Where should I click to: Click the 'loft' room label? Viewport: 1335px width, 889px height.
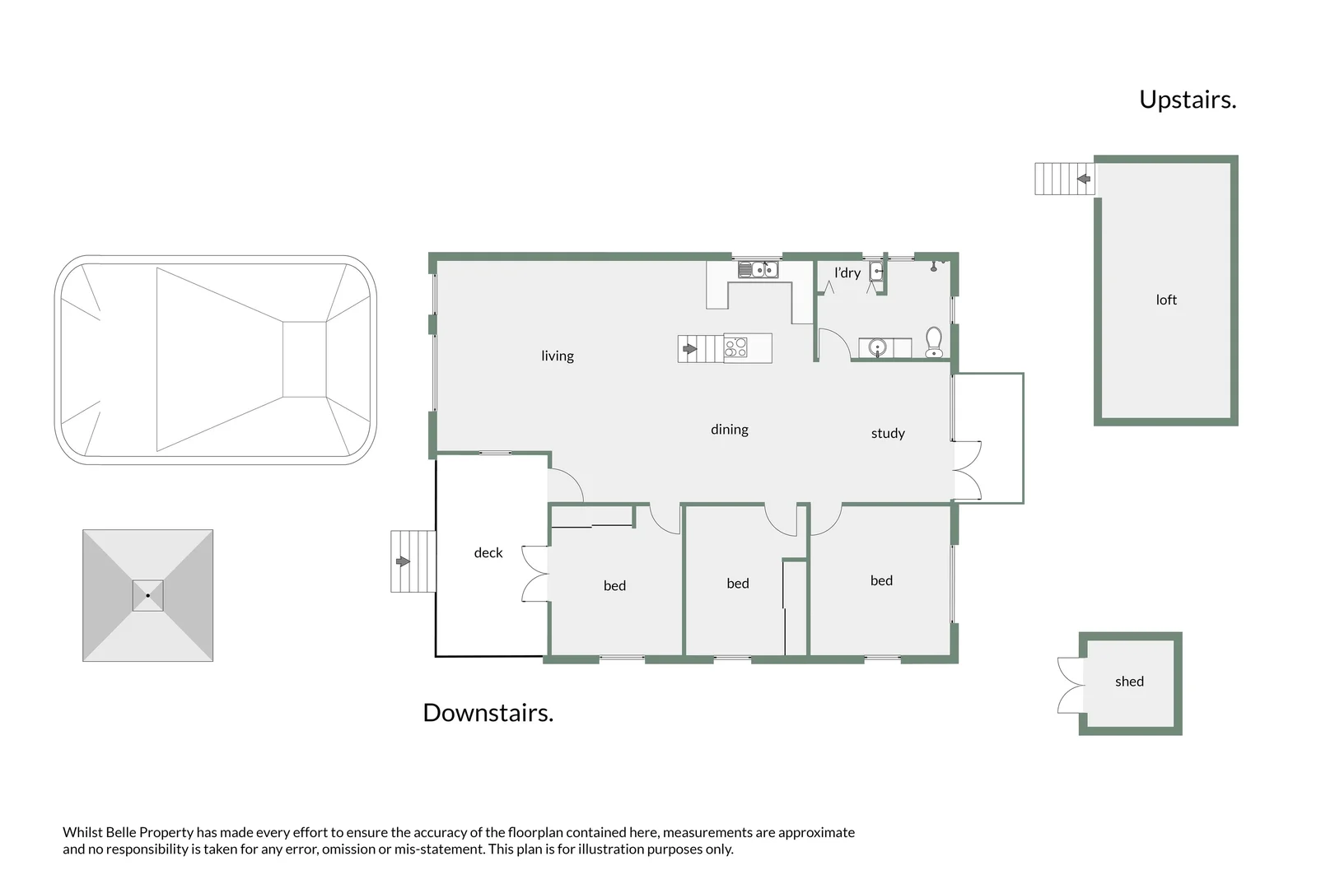(1165, 300)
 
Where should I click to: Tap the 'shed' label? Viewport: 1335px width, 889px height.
(1128, 681)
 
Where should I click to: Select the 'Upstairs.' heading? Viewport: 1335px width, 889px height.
(1187, 100)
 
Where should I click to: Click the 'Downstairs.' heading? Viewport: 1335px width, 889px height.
(488, 713)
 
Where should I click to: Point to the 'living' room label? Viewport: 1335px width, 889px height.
(557, 356)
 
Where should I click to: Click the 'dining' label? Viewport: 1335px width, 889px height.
(729, 429)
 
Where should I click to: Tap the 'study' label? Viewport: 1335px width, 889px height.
(887, 433)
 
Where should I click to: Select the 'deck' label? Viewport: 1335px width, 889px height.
(488, 552)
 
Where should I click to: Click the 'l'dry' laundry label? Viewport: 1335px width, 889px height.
(847, 272)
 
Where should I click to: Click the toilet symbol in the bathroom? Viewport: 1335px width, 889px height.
(933, 342)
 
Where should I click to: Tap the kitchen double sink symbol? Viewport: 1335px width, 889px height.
(757, 269)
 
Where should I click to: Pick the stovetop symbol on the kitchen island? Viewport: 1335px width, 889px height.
(735, 348)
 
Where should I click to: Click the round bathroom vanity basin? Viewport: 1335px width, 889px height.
(878, 347)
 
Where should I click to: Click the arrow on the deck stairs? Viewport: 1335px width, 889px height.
(403, 561)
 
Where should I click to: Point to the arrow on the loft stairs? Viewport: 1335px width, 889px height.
(1083, 178)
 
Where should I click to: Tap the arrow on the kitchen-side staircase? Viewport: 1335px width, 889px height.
(690, 349)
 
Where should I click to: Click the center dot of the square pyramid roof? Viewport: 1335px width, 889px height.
(147, 595)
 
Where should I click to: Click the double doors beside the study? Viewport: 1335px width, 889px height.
(968, 471)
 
